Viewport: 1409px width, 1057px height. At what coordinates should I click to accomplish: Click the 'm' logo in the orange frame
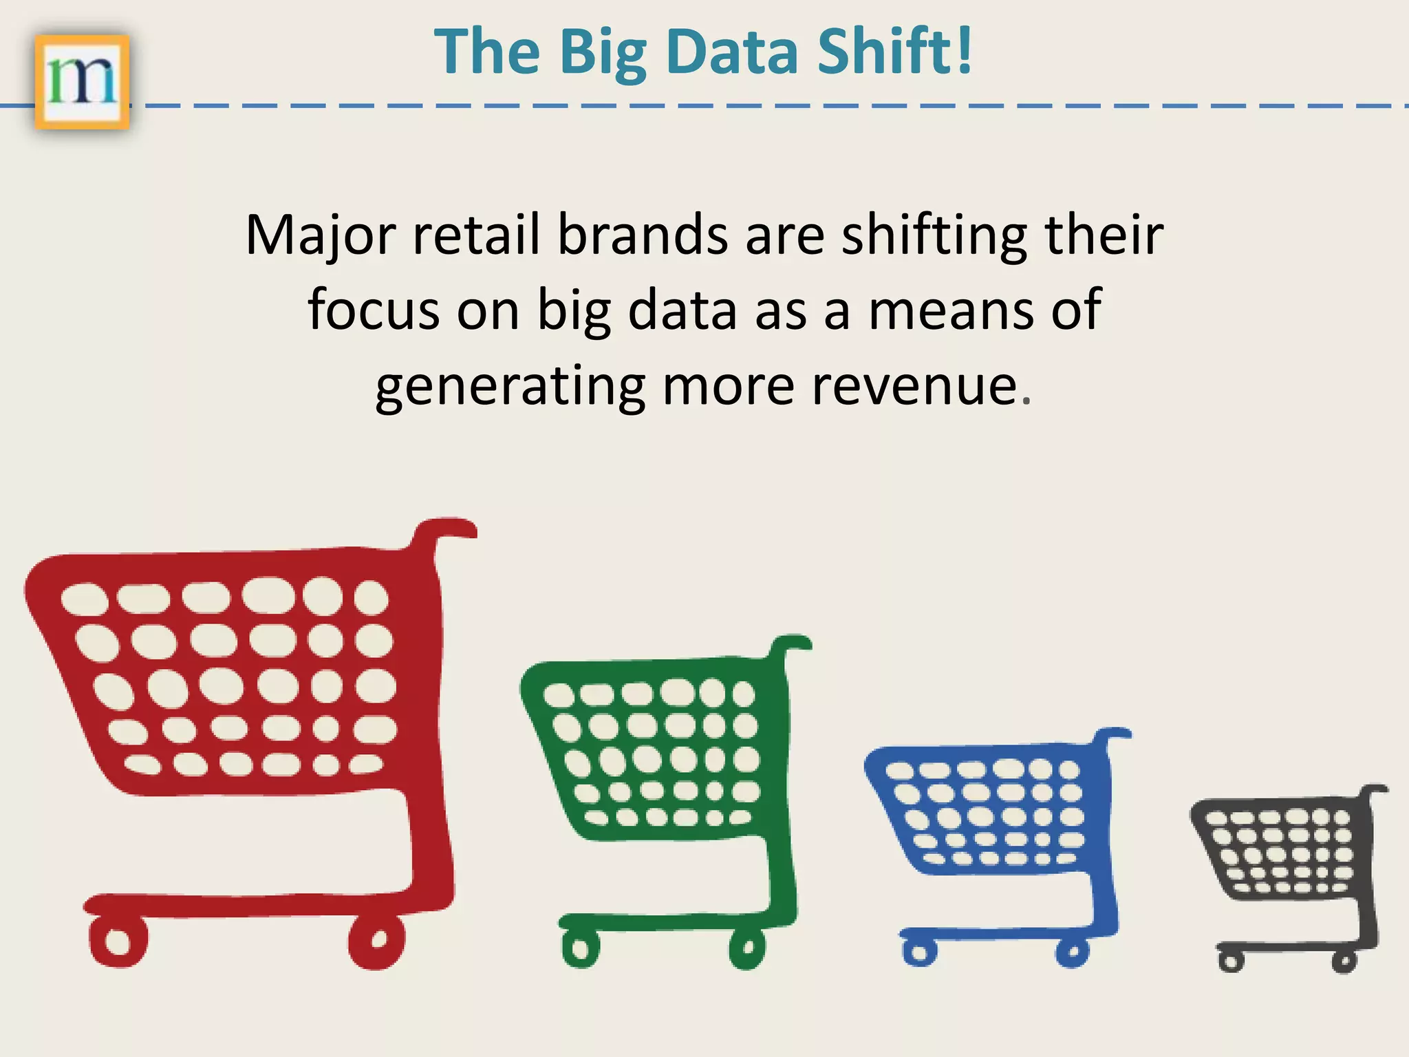click(82, 82)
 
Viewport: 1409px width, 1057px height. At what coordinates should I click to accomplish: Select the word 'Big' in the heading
click(603, 54)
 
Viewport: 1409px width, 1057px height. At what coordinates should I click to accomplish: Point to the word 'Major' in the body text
click(321, 236)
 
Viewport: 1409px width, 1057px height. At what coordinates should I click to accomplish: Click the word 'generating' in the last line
click(510, 387)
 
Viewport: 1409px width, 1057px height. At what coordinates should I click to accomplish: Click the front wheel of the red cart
click(118, 941)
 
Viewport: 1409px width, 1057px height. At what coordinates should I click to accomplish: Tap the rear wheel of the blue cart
click(1072, 953)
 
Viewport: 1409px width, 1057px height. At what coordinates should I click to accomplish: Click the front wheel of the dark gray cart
click(1231, 961)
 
